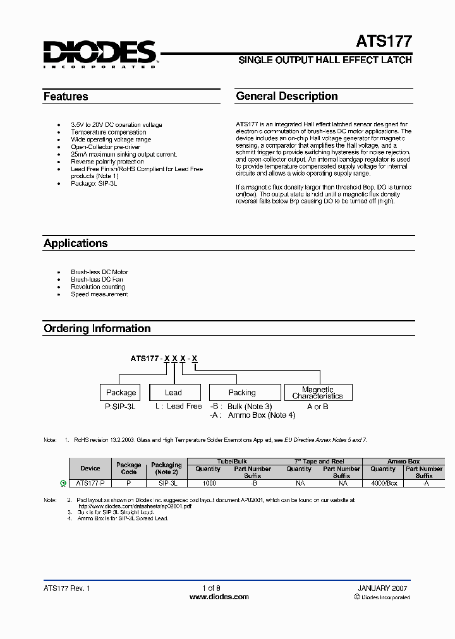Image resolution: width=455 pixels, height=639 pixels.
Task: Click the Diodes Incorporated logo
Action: pyautogui.click(x=100, y=54)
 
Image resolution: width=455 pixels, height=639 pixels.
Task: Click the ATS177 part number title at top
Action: pyautogui.click(x=385, y=42)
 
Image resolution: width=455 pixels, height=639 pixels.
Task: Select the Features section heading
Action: pyautogui.click(x=66, y=97)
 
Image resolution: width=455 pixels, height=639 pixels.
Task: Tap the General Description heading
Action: pyautogui.click(x=287, y=96)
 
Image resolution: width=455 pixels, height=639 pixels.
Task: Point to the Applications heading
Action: pyautogui.click(x=76, y=243)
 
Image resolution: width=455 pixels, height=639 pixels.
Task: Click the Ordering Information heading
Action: pyautogui.click(x=97, y=328)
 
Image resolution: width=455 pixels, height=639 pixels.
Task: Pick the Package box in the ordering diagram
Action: pyautogui.click(x=121, y=392)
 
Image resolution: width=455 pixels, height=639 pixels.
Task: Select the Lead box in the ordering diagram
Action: pyautogui.click(x=174, y=392)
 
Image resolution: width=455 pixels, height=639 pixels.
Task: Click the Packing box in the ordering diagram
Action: pyautogui.click(x=242, y=392)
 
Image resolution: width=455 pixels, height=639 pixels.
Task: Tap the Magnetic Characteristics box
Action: pyautogui.click(x=317, y=393)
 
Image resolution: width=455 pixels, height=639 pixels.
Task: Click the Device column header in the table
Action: pyautogui.click(x=90, y=469)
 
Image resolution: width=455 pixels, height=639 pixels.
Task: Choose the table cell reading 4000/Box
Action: pyautogui.click(x=384, y=483)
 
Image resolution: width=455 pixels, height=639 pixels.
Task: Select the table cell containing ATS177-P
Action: pyautogui.click(x=90, y=483)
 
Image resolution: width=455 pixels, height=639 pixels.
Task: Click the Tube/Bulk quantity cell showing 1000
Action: pyautogui.click(x=209, y=483)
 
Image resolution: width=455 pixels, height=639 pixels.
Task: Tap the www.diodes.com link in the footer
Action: pyautogui.click(x=220, y=597)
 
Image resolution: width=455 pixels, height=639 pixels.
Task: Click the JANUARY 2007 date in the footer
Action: pyautogui.click(x=383, y=588)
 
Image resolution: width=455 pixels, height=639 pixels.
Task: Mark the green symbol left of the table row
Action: pyautogui.click(x=63, y=483)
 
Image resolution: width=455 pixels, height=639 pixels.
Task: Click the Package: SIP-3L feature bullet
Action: pyautogui.click(x=95, y=183)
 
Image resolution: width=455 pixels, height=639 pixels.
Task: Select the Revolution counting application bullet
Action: pyautogui.click(x=98, y=287)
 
